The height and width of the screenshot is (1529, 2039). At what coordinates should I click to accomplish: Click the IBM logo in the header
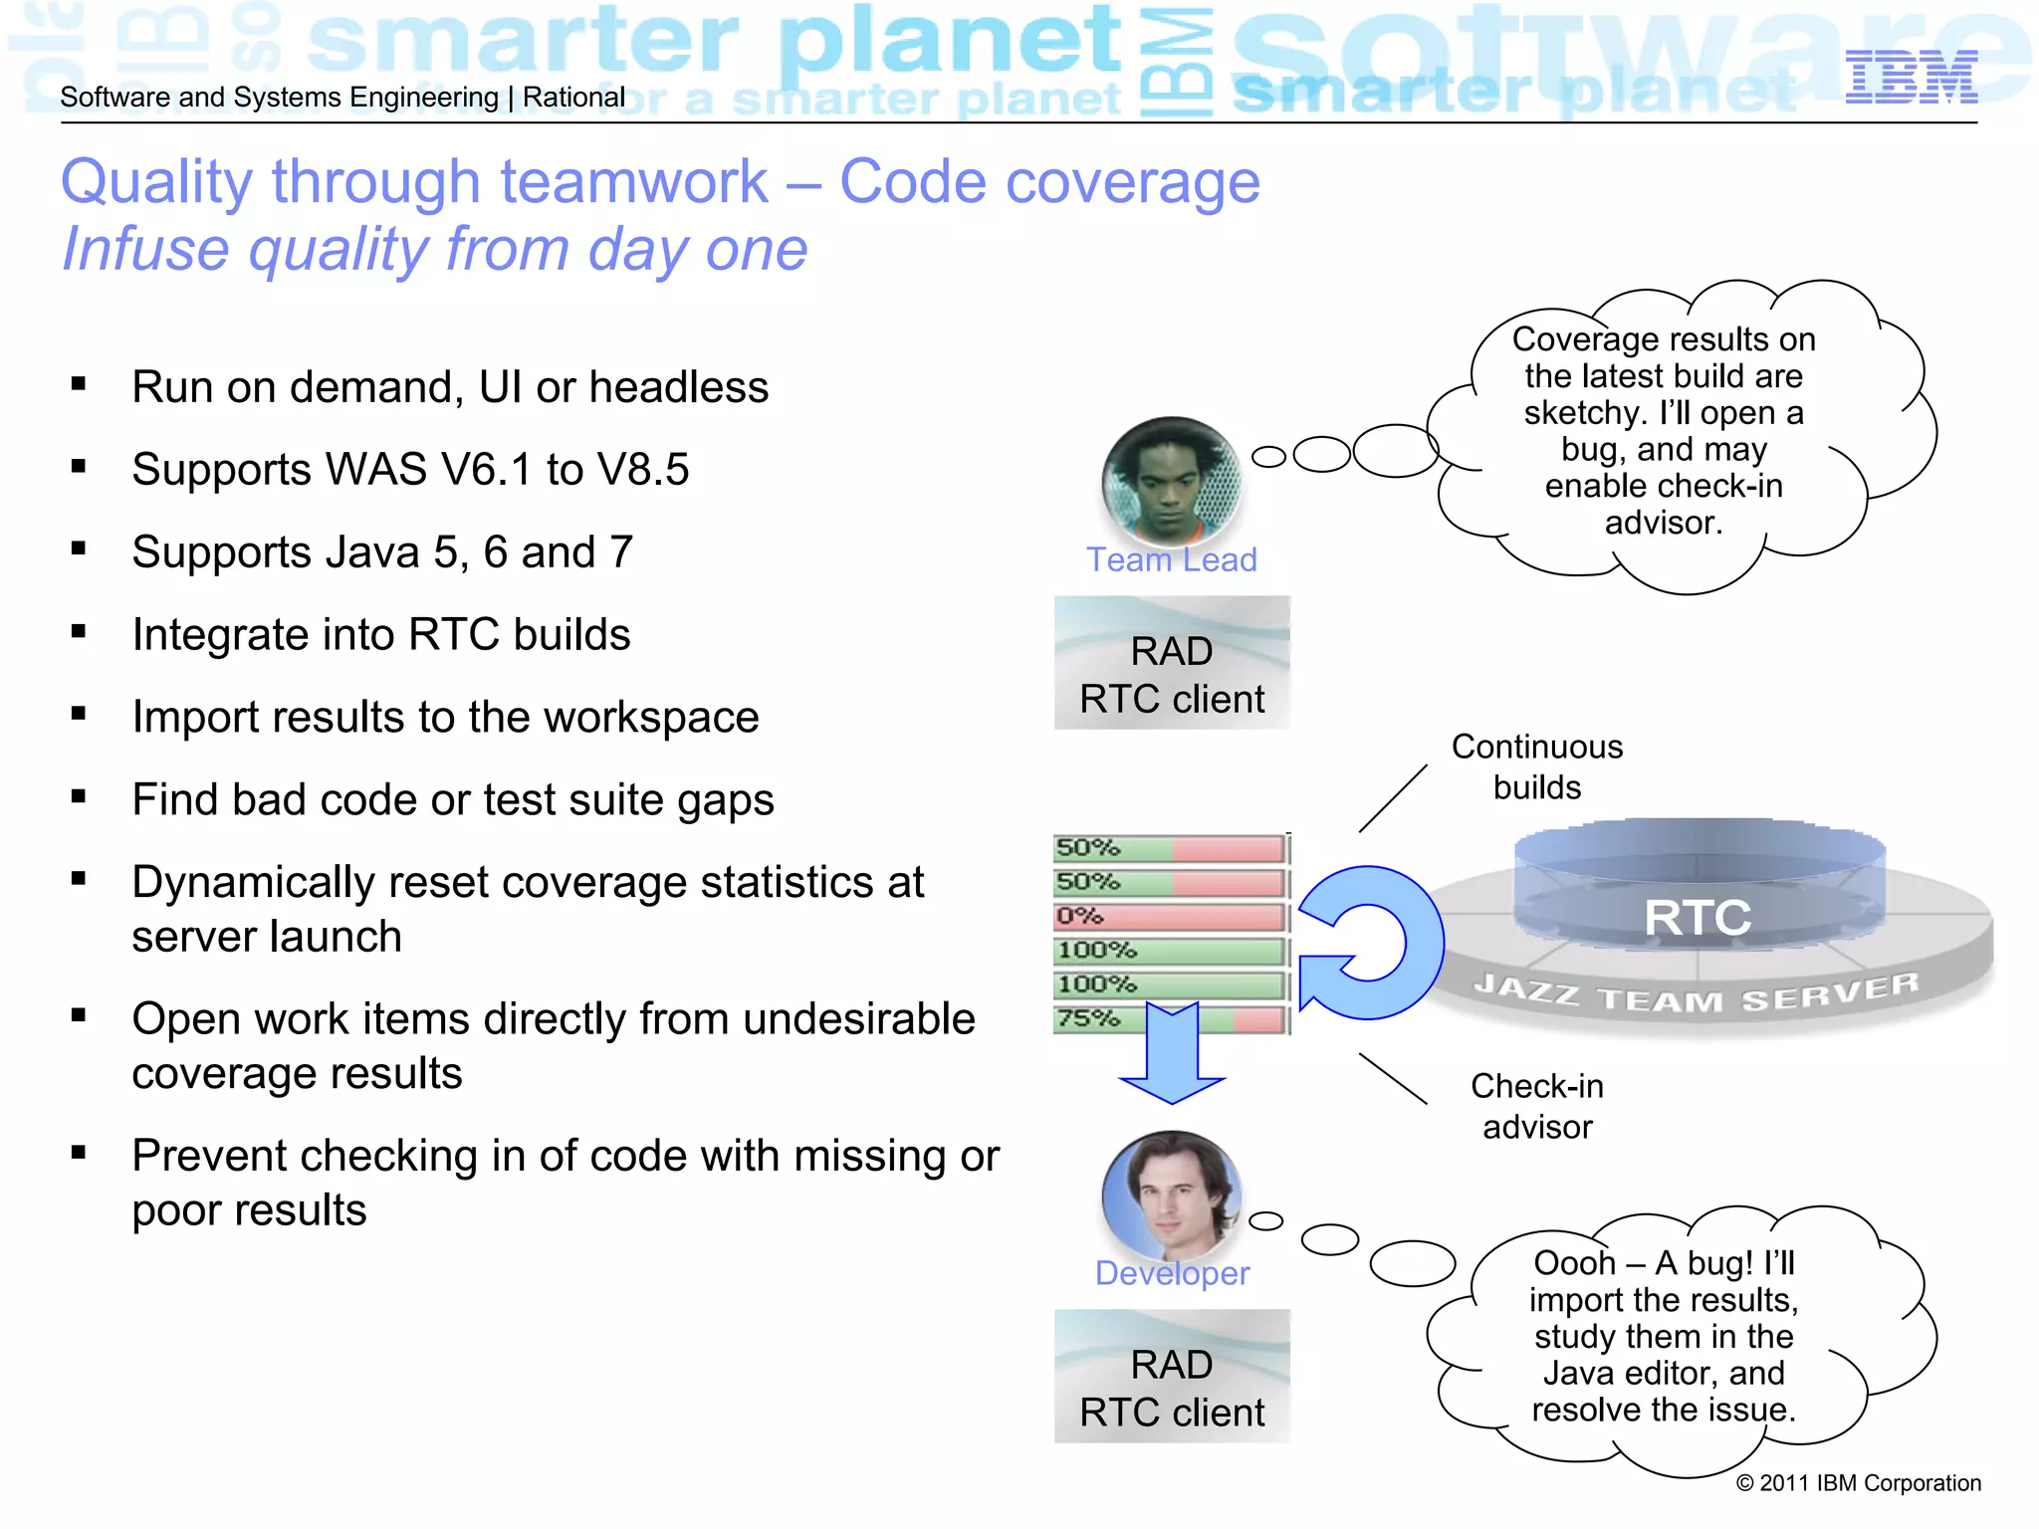coord(1911,78)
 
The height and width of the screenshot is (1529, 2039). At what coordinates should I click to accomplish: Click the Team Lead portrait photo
coord(1171,481)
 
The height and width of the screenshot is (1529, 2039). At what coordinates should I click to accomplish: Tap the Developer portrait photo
coord(1172,1194)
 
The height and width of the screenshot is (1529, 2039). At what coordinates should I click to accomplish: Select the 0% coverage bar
coord(1170,916)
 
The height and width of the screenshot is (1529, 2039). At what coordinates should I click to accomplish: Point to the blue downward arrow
coord(1172,1055)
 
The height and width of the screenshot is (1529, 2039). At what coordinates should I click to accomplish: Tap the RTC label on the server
coord(1697,917)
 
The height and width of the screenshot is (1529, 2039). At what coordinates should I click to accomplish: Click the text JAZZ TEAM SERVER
coord(1697,992)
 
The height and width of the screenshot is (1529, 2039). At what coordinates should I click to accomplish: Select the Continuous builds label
coord(1536,766)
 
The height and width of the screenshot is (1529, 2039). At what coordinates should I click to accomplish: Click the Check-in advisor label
coord(1536,1106)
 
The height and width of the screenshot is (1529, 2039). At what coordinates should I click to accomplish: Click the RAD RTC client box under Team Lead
coord(1172,663)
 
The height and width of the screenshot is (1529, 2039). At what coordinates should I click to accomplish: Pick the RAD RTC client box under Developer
coord(1172,1377)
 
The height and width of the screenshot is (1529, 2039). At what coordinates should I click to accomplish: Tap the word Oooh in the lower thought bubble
coord(1574,1263)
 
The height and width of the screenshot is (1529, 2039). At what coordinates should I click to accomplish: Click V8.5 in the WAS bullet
coord(642,470)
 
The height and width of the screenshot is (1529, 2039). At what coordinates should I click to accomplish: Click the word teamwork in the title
coord(633,182)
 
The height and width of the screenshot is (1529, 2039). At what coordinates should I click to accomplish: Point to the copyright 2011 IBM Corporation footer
coord(1858,1483)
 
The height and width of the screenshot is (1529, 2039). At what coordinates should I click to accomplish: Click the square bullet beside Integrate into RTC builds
coord(79,631)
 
